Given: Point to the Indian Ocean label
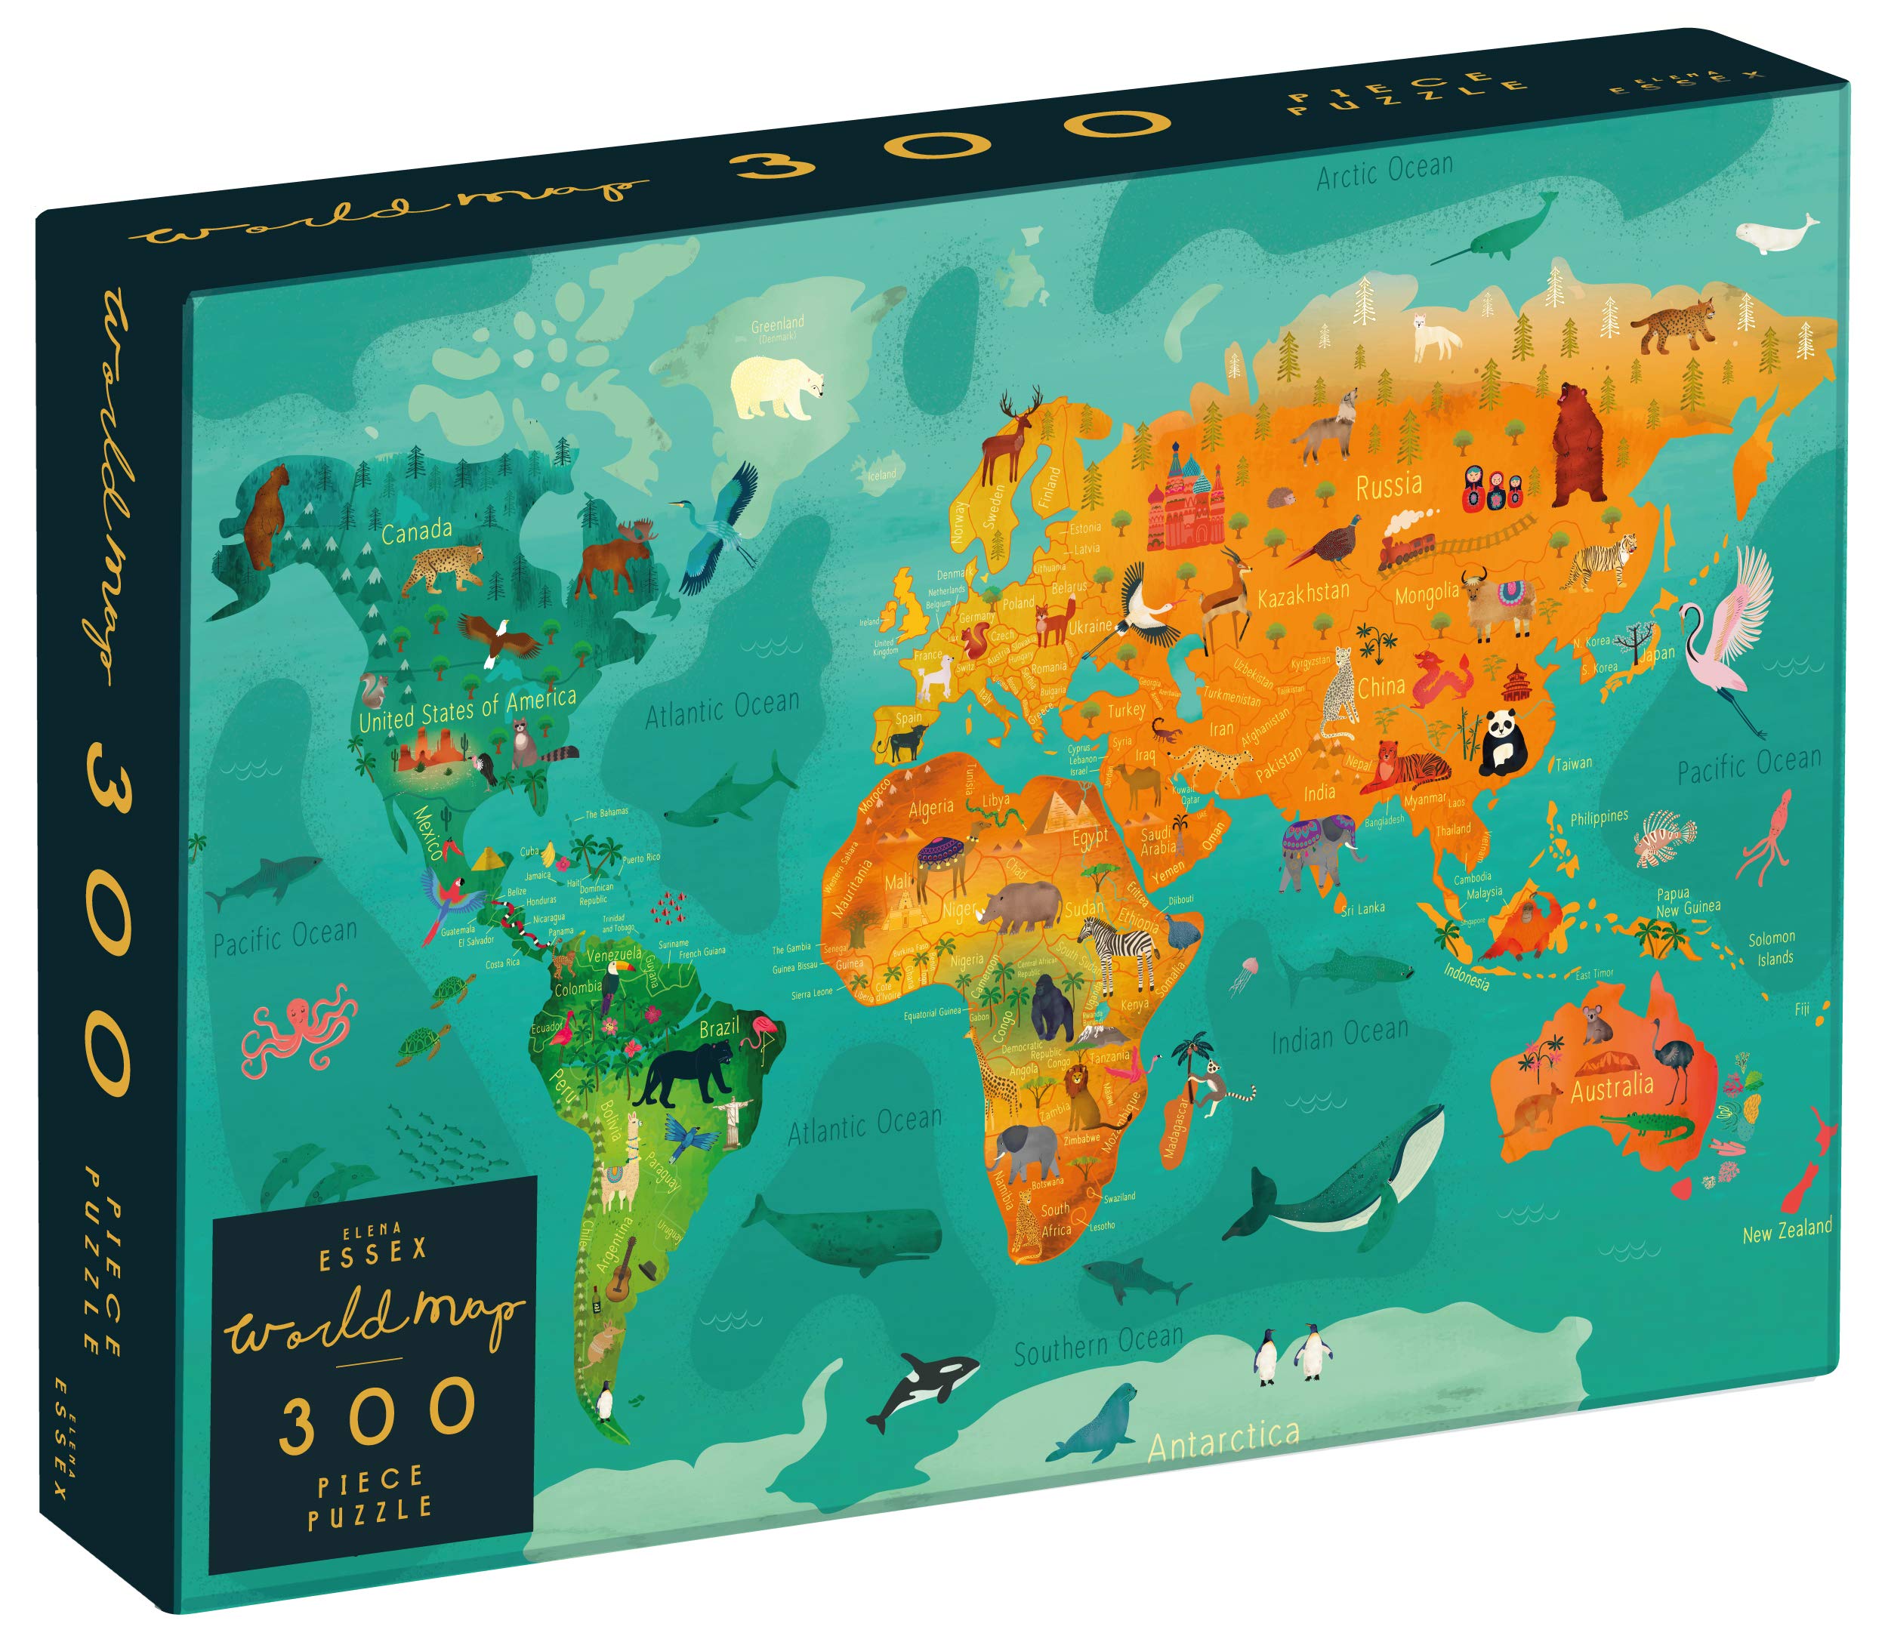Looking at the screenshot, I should (x=1339, y=1037).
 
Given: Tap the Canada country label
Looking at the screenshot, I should (x=416, y=531).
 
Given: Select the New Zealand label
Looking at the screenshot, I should (x=1787, y=1230).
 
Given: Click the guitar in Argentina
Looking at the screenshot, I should (x=620, y=1277).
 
